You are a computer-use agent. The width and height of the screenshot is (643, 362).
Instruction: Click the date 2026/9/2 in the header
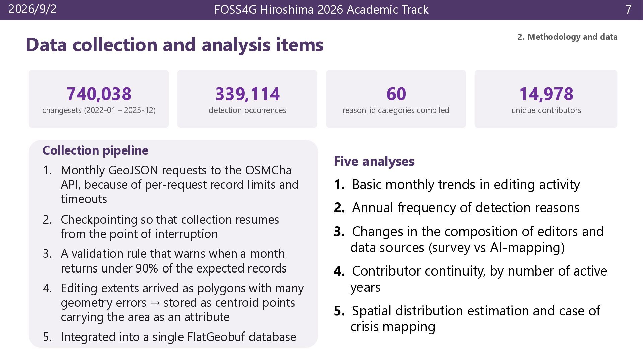pos(32,9)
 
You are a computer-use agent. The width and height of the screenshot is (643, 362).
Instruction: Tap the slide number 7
pos(628,9)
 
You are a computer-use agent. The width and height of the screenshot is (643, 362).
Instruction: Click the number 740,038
pos(99,94)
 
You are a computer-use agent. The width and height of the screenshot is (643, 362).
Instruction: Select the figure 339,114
pos(247,94)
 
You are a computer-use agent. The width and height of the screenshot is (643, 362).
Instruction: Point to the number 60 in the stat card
pos(396,94)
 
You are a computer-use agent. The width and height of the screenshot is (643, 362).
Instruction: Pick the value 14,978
pos(546,94)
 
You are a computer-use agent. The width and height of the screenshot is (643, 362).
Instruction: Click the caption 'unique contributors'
pos(546,110)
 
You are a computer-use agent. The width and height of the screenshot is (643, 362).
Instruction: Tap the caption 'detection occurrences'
pos(247,110)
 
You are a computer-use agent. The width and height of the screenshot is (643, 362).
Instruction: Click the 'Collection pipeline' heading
pos(95,150)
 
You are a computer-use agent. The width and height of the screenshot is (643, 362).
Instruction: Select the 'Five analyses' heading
pos(374,161)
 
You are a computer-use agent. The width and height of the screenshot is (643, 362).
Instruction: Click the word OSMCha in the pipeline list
pos(268,170)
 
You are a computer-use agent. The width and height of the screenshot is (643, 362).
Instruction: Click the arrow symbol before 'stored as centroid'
pos(155,303)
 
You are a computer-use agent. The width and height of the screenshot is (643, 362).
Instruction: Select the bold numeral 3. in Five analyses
pos(339,232)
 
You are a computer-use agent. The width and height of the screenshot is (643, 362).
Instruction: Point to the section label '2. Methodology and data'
pos(567,37)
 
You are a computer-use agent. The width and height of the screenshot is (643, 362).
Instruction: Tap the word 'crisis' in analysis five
pos(364,327)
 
